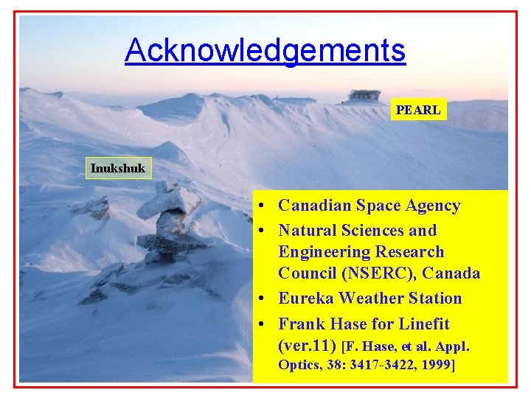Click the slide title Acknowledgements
point(265,50)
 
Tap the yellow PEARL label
point(418,111)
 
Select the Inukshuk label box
point(118,169)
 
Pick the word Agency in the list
point(433,206)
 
